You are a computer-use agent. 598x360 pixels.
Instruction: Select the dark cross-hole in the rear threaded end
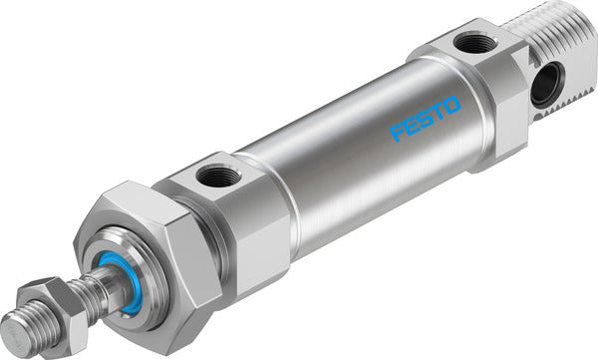[x=542, y=87]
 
